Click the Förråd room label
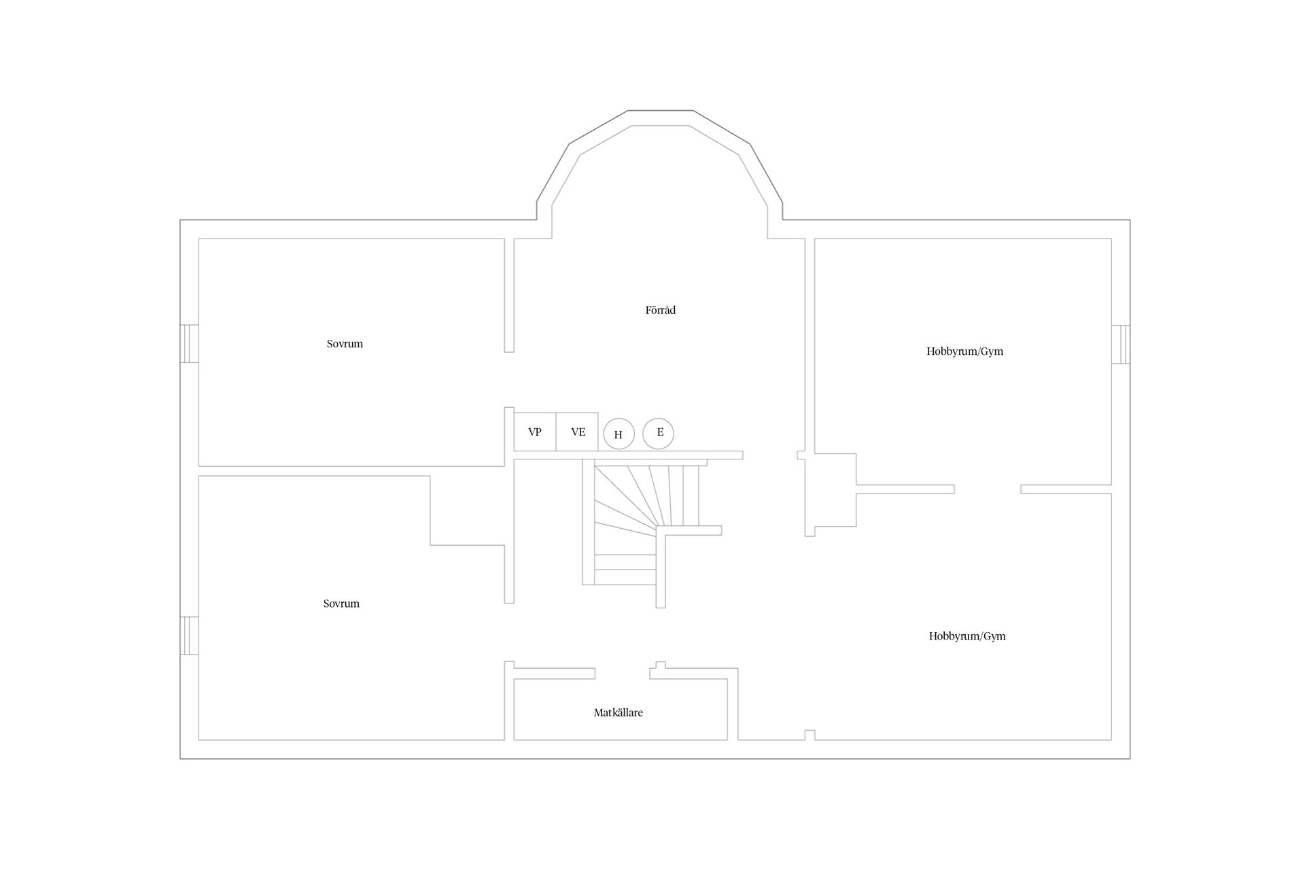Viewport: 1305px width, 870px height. click(x=660, y=310)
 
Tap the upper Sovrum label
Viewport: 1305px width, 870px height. click(x=345, y=344)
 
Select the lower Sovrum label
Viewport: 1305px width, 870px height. click(x=341, y=604)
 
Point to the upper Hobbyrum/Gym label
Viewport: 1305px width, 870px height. click(x=964, y=351)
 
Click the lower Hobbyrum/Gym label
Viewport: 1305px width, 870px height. click(x=967, y=636)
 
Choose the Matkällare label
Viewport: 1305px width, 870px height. click(x=619, y=713)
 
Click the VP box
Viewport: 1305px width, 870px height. click(x=535, y=432)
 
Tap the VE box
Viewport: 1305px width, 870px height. click(x=577, y=432)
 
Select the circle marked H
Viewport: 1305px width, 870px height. click(x=619, y=434)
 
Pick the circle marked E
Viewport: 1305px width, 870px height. click(x=658, y=433)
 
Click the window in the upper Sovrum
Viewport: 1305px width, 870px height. click(x=189, y=344)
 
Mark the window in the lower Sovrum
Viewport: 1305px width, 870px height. click(x=189, y=636)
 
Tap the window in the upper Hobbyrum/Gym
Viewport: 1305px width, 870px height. click(x=1121, y=345)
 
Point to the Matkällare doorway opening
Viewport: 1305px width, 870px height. click(x=623, y=674)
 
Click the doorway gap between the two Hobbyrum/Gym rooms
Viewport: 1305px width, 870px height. click(x=988, y=489)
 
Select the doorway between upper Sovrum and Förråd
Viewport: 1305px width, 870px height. click(x=509, y=379)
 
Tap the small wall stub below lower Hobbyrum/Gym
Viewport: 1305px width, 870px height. click(x=810, y=735)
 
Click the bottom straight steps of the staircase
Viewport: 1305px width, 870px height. click(x=625, y=570)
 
